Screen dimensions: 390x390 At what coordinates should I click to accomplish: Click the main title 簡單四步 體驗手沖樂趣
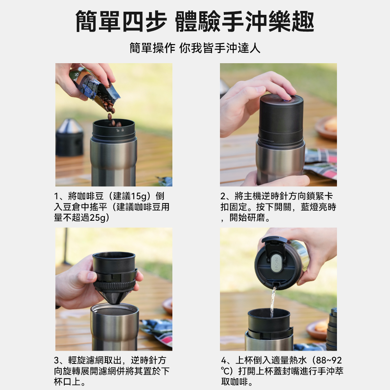[195, 21]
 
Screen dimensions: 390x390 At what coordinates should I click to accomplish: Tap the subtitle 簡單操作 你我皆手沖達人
[195, 48]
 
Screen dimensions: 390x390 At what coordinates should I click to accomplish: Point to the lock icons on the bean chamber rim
[120, 130]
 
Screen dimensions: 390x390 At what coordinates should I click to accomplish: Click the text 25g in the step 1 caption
[97, 218]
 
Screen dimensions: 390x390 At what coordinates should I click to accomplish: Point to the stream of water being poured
[273, 301]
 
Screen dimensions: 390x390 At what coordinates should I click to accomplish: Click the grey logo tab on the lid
[276, 262]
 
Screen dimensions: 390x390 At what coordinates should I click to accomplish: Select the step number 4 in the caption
[223, 360]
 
